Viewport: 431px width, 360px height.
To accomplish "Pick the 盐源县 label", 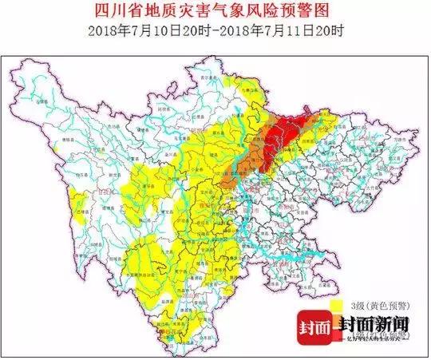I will pyautogui.click(x=157, y=301).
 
